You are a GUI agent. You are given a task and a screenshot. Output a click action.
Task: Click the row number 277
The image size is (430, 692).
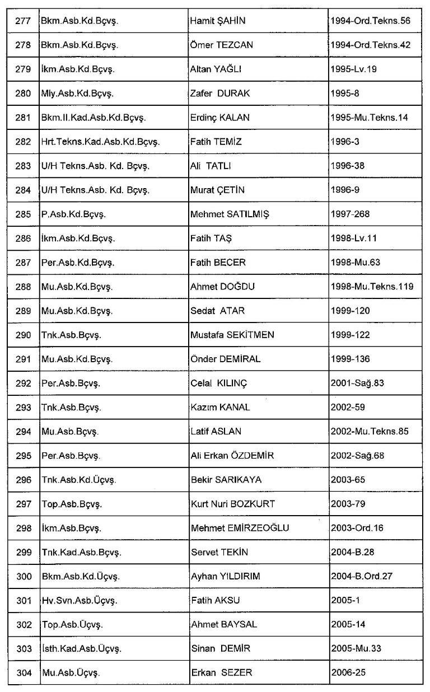tap(23, 21)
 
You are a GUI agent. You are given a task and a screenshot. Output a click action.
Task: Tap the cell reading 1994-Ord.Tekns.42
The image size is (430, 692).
tap(370, 45)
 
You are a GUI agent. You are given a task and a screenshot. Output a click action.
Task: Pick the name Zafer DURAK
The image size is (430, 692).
tap(220, 93)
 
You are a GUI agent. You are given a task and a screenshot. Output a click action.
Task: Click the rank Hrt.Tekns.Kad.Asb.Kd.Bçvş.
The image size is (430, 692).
tap(100, 142)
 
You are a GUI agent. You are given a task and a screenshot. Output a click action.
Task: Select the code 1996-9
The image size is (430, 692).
tap(344, 190)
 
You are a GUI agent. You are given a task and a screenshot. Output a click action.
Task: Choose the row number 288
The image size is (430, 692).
tap(23, 287)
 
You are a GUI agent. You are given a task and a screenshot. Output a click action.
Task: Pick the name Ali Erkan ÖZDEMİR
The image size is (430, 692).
tap(232, 456)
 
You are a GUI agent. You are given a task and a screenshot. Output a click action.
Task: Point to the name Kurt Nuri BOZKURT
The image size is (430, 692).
tap(233, 504)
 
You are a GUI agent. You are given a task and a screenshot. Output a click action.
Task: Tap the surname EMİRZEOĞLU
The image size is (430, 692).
tap(258, 528)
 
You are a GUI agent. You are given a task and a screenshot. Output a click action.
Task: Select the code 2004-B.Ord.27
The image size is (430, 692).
tap(362, 576)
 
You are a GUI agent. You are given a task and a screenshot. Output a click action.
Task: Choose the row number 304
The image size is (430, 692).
tap(23, 672)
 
